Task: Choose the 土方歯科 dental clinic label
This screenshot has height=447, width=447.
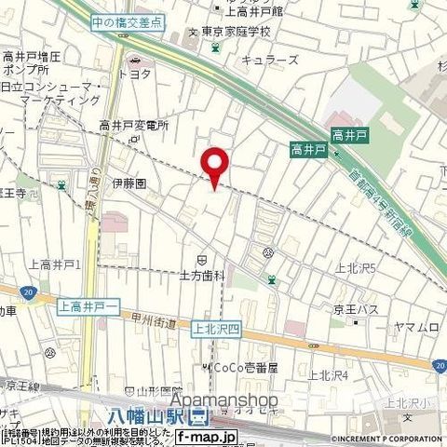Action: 203,276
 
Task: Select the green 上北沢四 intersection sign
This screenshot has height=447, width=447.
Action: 216,328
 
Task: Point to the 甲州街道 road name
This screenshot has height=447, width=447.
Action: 155,319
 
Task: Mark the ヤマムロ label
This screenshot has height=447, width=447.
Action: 415,326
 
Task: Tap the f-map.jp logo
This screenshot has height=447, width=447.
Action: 207,435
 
